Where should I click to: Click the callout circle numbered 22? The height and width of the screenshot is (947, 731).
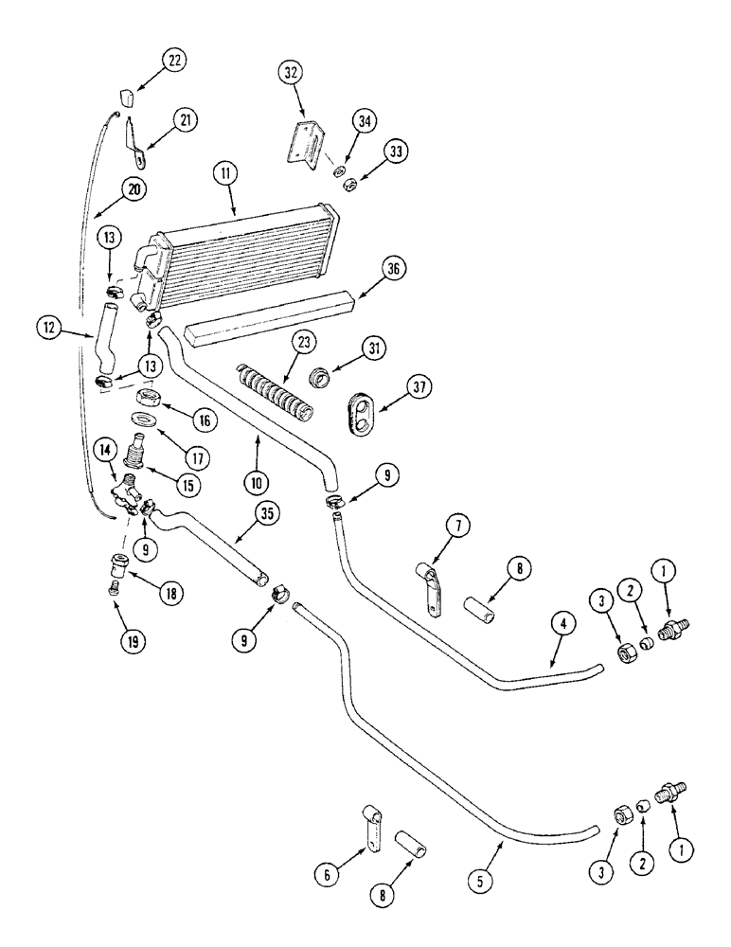pos(173,60)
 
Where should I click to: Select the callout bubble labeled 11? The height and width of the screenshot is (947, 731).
pos(225,173)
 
